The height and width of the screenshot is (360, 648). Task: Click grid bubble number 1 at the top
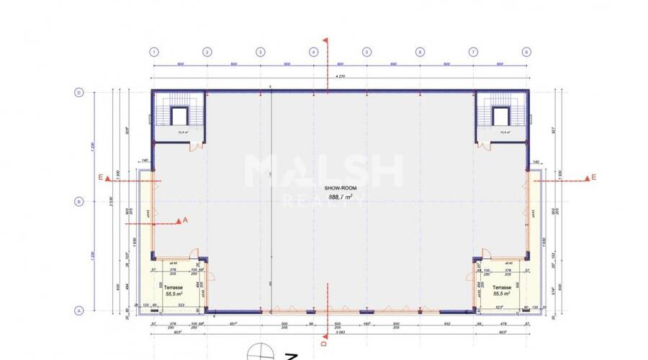pyautogui.click(x=153, y=52)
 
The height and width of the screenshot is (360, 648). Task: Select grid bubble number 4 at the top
pyautogui.click(x=313, y=52)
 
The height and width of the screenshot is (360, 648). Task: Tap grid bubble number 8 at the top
pyautogui.click(x=526, y=52)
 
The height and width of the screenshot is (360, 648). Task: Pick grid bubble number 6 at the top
pyautogui.click(x=420, y=52)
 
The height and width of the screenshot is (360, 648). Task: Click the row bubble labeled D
pyautogui.click(x=79, y=92)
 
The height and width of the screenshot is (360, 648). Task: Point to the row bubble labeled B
pyautogui.click(x=79, y=202)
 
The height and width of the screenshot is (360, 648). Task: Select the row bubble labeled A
pyautogui.click(x=79, y=311)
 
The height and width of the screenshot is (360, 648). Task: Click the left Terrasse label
pyautogui.click(x=171, y=287)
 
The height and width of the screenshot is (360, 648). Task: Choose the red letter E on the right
pyautogui.click(x=594, y=177)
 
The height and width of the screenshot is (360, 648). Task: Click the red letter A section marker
pyautogui.click(x=185, y=220)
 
